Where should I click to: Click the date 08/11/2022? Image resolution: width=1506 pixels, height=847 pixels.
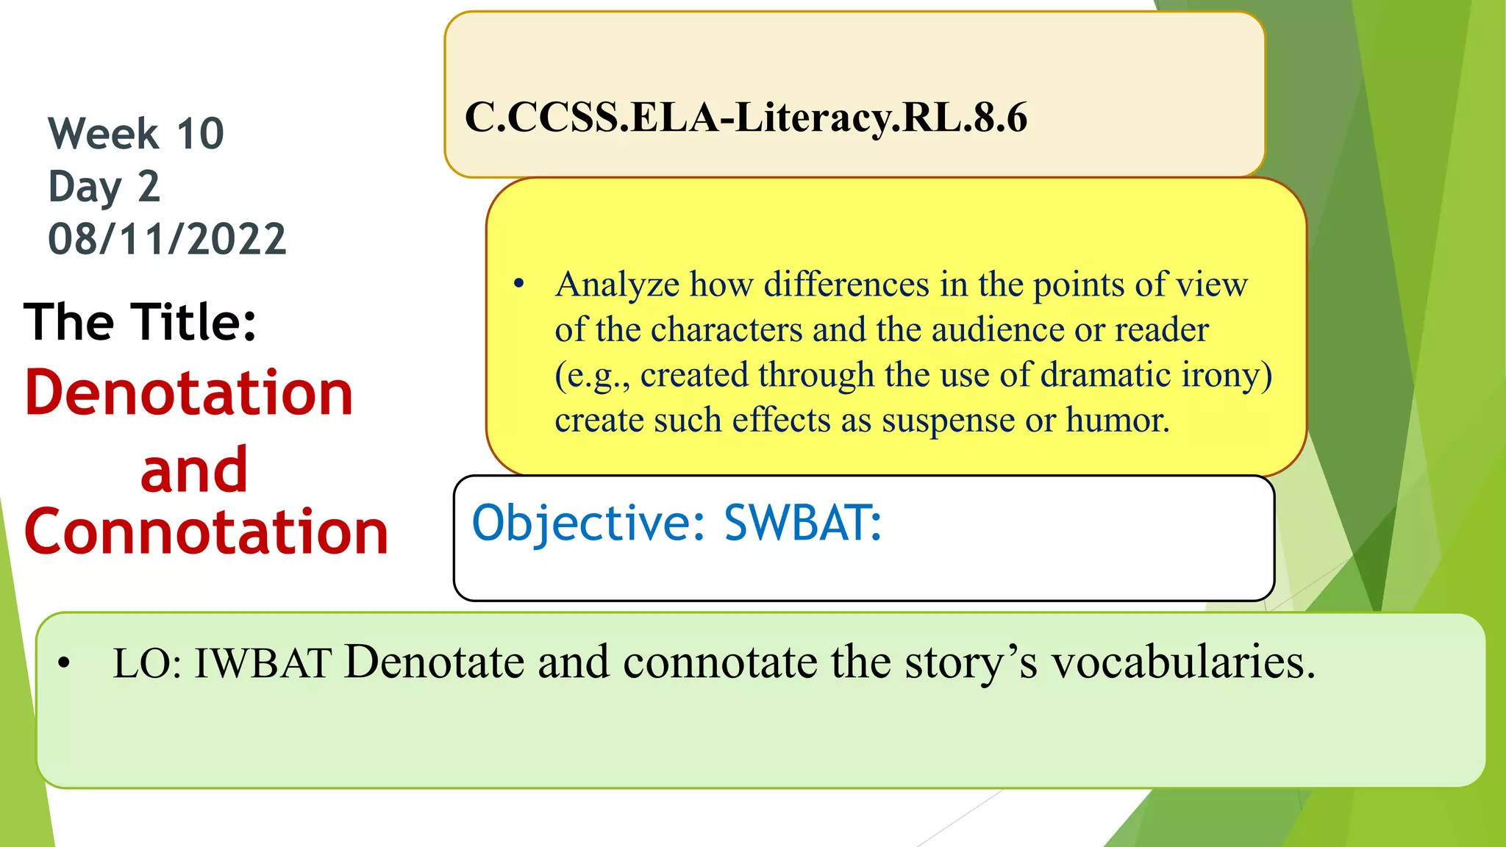(x=167, y=240)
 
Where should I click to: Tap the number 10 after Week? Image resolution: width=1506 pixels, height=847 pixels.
(x=200, y=134)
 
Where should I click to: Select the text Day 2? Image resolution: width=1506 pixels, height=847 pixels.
(x=104, y=187)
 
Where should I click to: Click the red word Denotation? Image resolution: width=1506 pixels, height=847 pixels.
(x=189, y=393)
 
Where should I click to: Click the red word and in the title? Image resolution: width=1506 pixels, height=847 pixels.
(x=194, y=471)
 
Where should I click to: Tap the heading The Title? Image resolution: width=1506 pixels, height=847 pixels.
(x=140, y=322)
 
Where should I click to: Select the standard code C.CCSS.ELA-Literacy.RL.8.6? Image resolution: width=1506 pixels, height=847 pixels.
(x=746, y=118)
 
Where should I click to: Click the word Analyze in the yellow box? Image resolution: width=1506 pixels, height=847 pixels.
(x=617, y=285)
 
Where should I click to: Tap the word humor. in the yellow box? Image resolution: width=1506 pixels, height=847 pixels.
(x=1117, y=421)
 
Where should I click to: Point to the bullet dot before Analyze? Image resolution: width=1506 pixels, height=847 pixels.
(x=519, y=284)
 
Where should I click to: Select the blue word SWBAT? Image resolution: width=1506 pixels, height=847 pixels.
(x=802, y=523)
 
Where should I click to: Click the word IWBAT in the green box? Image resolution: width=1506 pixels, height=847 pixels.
(x=263, y=662)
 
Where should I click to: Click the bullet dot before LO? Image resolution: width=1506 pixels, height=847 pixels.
(x=65, y=663)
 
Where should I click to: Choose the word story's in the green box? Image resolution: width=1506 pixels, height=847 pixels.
(x=971, y=662)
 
